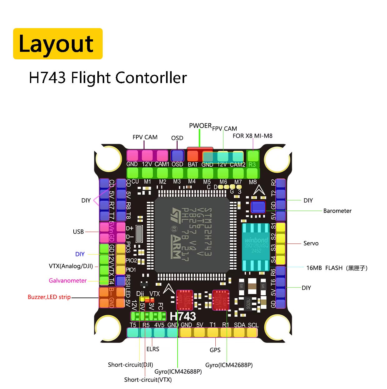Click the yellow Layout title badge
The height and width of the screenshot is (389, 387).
tap(58, 44)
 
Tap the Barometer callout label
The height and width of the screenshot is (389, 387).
tap(337, 211)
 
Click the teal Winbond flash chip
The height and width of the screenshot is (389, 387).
tap(256, 247)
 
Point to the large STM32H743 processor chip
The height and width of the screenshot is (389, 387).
tap(192, 234)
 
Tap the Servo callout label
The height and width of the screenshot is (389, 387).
tap(311, 244)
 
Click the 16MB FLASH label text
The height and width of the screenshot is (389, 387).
tap(324, 268)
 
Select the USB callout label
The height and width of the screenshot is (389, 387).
tap(78, 232)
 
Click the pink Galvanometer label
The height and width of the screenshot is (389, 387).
tap(68, 281)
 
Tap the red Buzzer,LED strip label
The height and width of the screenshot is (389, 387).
tap(49, 297)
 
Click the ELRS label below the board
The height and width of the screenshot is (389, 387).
tap(153, 349)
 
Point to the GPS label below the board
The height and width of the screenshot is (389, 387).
tap(215, 350)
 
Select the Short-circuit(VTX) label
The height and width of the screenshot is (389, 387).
tap(148, 380)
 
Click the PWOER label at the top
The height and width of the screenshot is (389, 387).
tap(200, 126)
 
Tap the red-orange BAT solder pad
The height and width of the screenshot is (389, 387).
tap(193, 156)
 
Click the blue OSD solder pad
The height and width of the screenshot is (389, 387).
tap(177, 155)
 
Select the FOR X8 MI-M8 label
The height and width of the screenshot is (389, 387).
tap(252, 136)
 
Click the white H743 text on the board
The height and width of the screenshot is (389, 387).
tap(183, 317)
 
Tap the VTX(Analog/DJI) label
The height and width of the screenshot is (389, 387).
tap(71, 266)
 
